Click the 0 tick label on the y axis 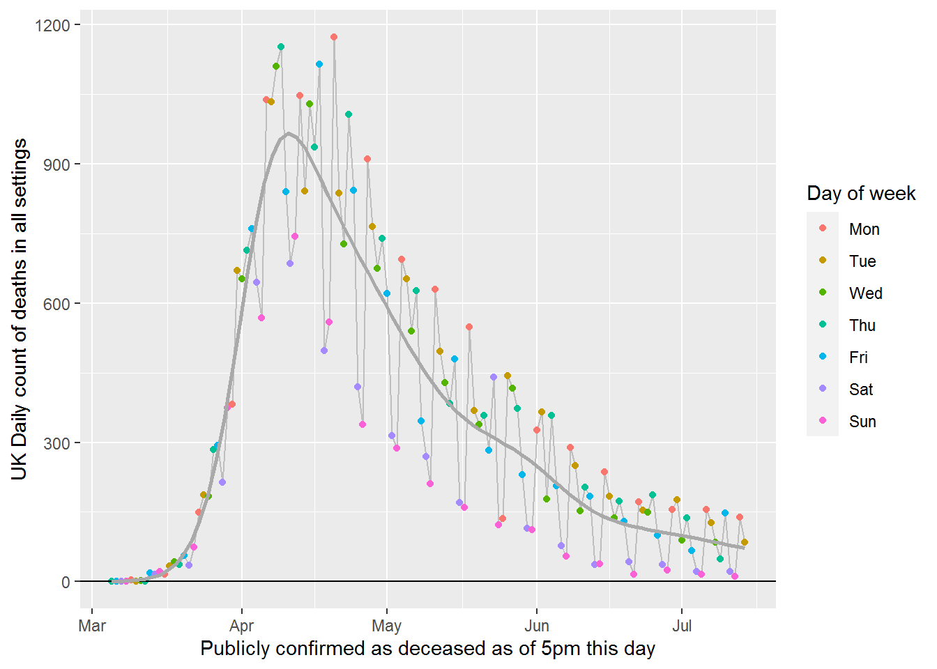pos(66,583)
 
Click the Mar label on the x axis pos(92,626)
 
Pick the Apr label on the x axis pos(242,626)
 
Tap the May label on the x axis pos(386,626)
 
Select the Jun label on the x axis pos(537,626)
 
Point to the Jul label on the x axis pos(681,626)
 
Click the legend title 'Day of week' pos(861,194)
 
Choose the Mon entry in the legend pos(864,229)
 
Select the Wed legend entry pos(865,293)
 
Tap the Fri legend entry pos(858,357)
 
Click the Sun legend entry pos(862,422)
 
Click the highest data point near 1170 pos(334,37)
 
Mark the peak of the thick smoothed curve pos(289,134)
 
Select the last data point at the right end pos(745,542)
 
